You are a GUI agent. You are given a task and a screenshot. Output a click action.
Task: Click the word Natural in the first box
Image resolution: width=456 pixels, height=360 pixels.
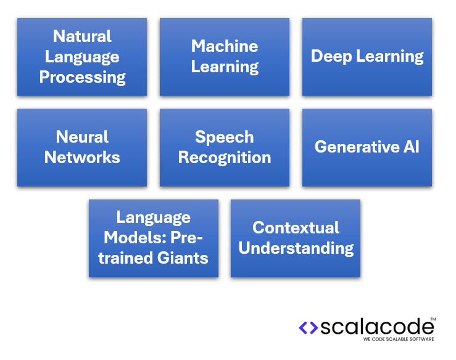[82, 36]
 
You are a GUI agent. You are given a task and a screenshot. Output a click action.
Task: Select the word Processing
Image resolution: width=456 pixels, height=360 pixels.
[82, 77]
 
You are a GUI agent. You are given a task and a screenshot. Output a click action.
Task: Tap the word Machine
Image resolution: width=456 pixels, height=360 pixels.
[225, 46]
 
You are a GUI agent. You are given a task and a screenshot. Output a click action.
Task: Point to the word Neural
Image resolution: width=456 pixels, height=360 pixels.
[82, 136]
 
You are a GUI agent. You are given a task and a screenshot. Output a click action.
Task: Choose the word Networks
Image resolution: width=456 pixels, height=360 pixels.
[82, 157]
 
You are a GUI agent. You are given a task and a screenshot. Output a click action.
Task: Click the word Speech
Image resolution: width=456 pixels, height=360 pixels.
[225, 136]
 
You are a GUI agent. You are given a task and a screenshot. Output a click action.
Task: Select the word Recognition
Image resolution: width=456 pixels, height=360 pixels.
[225, 157]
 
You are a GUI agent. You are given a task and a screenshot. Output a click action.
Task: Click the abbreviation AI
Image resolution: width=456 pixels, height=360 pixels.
[412, 147]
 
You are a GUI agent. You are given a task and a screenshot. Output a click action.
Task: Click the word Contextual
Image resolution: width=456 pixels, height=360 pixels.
[296, 227]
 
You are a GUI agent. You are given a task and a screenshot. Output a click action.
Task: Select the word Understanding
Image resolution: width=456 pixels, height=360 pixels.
[296, 248]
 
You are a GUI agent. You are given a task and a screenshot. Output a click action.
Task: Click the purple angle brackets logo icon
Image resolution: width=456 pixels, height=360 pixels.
[308, 328]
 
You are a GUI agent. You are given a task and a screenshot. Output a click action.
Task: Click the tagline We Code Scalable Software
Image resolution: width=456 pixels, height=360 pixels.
[398, 340]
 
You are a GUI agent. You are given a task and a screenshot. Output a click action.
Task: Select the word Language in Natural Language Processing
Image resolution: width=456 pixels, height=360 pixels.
[82, 56]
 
